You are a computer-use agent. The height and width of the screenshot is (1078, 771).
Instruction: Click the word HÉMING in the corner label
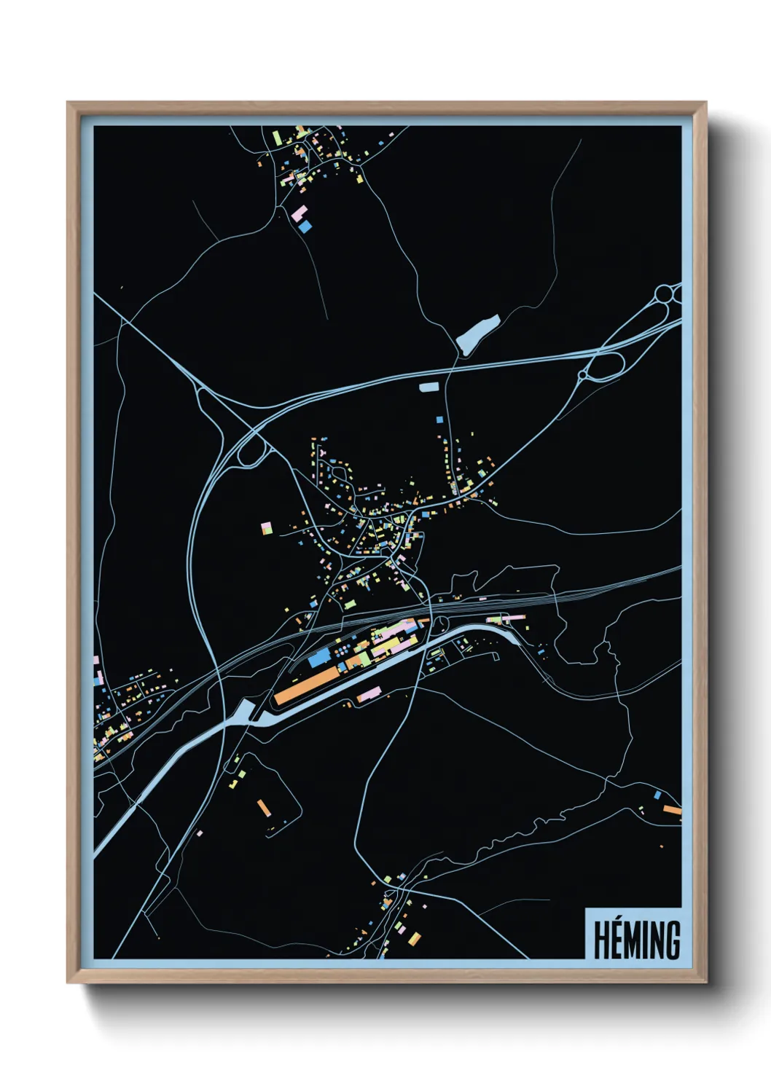[x=636, y=940]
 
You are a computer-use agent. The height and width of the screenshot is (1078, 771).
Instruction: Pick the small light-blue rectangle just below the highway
[x=428, y=387]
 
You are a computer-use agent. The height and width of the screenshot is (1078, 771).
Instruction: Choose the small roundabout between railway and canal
[x=440, y=623]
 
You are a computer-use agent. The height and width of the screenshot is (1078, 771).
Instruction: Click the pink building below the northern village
[x=299, y=213]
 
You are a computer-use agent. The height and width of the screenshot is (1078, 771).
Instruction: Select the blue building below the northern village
[x=305, y=227]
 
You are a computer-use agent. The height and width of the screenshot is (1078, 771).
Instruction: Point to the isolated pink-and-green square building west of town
[x=267, y=527]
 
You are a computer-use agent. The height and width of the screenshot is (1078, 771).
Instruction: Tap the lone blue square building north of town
[x=439, y=420]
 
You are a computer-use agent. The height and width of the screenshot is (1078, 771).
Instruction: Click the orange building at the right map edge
[x=672, y=809]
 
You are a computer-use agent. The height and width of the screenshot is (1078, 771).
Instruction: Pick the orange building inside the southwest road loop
[x=263, y=807]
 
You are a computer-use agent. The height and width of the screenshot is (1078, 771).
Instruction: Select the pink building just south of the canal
[x=368, y=695]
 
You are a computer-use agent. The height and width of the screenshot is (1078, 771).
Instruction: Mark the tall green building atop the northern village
[x=277, y=136]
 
